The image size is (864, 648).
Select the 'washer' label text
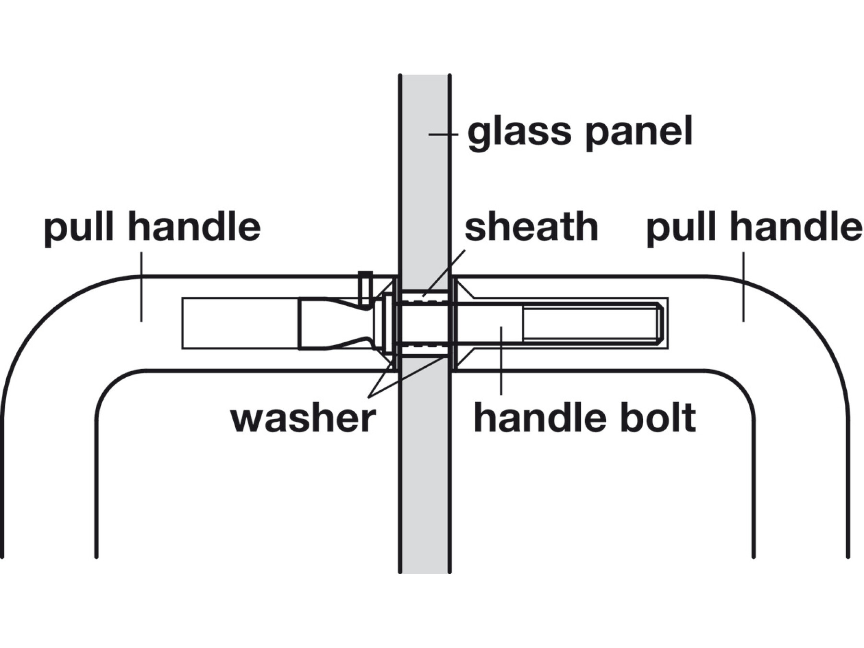click(303, 418)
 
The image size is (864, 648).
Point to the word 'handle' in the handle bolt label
click(539, 418)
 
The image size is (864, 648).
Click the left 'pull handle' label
click(152, 228)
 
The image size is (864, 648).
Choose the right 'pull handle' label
click(754, 228)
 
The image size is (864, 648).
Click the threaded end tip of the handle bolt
click(661, 323)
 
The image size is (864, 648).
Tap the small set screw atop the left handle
click(365, 288)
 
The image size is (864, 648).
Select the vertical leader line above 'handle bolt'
click(501, 360)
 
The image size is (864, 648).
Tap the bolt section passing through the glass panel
click(424, 323)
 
